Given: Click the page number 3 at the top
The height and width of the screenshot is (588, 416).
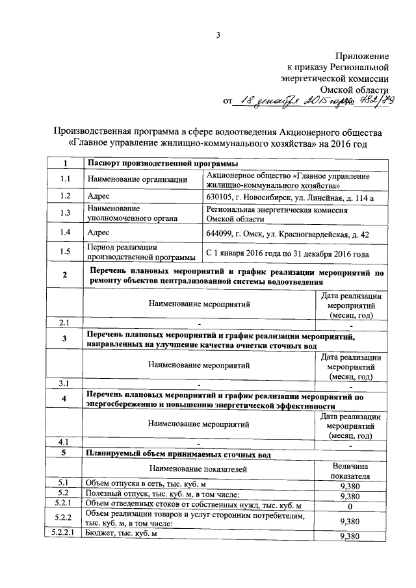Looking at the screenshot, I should click(x=218, y=34).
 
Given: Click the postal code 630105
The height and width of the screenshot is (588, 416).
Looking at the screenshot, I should click(x=220, y=196).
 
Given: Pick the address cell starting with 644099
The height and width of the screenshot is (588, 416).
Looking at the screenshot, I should click(x=287, y=232).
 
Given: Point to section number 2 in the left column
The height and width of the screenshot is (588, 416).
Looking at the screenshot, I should click(x=64, y=277).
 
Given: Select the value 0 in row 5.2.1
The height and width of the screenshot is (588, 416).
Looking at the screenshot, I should click(x=350, y=505).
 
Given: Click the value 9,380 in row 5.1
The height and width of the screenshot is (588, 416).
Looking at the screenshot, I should click(x=350, y=484).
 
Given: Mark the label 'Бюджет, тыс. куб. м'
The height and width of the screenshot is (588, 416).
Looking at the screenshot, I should click(x=122, y=533).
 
